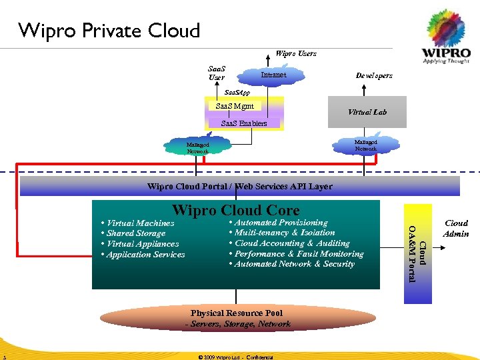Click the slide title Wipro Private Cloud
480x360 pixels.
[109, 31]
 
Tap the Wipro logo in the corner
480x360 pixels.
[447, 40]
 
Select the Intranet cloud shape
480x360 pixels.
[273, 75]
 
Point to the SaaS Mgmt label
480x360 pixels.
[235, 106]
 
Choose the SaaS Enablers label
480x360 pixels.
[243, 123]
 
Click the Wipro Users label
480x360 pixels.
[296, 53]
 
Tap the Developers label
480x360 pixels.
[374, 76]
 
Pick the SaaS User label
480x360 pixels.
[217, 73]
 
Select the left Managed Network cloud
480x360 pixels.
[197, 147]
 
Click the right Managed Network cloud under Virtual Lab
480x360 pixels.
[365, 145]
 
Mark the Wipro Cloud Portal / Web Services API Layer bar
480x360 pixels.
[239, 187]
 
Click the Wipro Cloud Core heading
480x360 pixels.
[236, 211]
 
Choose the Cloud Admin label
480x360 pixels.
[456, 229]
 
